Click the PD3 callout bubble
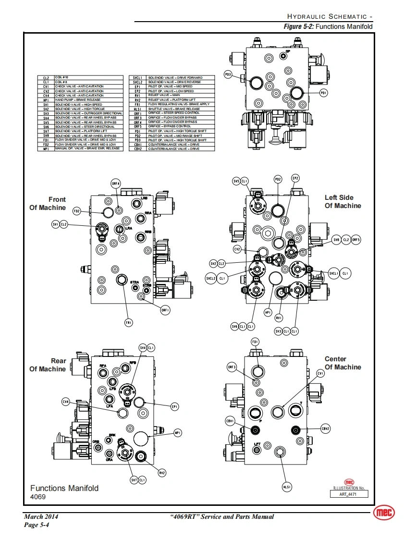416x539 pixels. [x=229, y=74]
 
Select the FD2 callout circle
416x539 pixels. [x=77, y=211]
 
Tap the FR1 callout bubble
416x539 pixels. [x=128, y=322]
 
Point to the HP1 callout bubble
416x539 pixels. [x=268, y=312]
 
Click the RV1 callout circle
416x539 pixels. [x=279, y=318]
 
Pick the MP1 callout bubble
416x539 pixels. [x=178, y=433]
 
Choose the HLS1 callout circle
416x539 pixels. [x=287, y=487]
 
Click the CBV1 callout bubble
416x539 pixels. [x=230, y=421]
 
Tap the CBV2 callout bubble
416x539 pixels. [x=325, y=429]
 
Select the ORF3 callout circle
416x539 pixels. [x=232, y=367]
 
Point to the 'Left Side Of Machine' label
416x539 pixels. [x=343, y=201]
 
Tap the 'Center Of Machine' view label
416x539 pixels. [x=343, y=363]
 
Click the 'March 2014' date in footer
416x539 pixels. [x=41, y=516]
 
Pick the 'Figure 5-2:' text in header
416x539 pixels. [x=299, y=26]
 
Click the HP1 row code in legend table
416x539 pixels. [x=46, y=100]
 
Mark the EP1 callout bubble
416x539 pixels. [x=174, y=407]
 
